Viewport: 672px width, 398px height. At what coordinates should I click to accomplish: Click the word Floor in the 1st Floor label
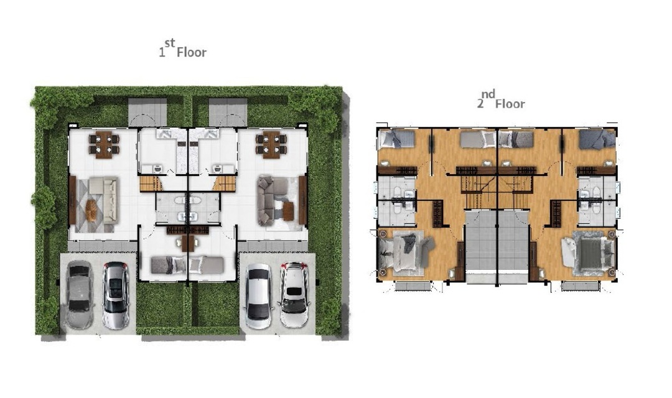(192, 52)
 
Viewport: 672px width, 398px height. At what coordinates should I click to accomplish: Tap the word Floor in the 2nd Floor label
(510, 104)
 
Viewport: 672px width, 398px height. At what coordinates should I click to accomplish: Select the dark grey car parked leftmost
(79, 295)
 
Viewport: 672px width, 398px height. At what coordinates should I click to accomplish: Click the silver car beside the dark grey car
(116, 295)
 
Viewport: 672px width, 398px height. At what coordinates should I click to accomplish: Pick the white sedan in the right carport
(258, 296)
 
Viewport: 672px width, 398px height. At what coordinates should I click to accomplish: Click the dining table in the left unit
(104, 145)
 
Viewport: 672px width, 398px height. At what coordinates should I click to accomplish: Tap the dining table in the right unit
(271, 145)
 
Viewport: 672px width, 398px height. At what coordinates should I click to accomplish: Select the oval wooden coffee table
(91, 211)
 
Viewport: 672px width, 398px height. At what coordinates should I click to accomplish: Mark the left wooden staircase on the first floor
(151, 183)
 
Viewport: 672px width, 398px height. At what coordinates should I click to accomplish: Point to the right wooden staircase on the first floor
(224, 183)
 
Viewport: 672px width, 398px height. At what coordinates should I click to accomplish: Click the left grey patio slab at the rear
(147, 112)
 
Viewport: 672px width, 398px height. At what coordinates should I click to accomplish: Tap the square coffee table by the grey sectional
(289, 211)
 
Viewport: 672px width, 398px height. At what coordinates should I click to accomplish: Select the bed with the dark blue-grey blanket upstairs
(597, 140)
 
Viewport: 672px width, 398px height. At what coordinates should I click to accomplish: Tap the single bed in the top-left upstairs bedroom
(397, 140)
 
